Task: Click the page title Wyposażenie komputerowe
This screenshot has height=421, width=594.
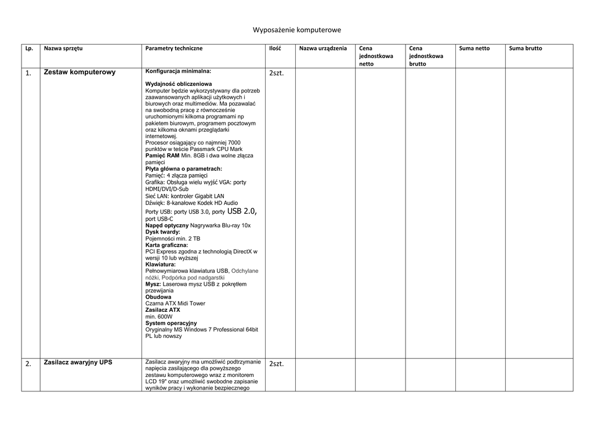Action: click(x=296, y=30)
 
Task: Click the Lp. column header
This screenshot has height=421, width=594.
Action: click(x=29, y=48)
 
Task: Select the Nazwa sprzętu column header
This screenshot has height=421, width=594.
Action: click(x=63, y=48)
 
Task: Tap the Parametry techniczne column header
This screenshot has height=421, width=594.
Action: click(x=174, y=48)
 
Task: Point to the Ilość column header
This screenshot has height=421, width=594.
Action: click(x=275, y=48)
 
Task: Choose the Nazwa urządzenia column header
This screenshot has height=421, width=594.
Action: click(x=323, y=48)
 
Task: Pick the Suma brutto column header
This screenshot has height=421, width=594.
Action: click(x=526, y=48)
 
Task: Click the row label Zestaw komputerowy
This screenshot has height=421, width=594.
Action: click(x=79, y=73)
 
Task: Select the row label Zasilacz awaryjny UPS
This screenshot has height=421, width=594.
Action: click(x=78, y=362)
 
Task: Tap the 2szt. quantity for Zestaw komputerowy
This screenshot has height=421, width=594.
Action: click(x=277, y=74)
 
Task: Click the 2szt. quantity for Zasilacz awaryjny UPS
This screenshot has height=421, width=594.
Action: click(x=277, y=364)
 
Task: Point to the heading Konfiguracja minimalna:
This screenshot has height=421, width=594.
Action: click(x=178, y=71)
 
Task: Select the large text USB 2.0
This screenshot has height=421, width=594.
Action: click(x=242, y=211)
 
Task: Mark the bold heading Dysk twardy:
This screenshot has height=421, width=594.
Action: click(x=162, y=232)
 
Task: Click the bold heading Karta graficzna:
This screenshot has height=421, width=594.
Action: click(x=166, y=245)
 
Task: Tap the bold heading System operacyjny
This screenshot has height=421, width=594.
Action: click(x=171, y=323)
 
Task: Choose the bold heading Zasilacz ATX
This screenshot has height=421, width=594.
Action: click(x=162, y=310)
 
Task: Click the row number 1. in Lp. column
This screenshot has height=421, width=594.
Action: click(x=28, y=74)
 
